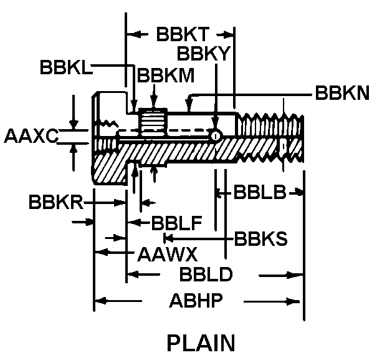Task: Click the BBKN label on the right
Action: point(342,94)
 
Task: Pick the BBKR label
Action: point(57,203)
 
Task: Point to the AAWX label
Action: point(167,254)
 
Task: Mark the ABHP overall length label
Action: point(196,303)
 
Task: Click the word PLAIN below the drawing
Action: point(201,343)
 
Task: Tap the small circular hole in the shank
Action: point(215,136)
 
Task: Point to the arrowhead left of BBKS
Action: point(167,238)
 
